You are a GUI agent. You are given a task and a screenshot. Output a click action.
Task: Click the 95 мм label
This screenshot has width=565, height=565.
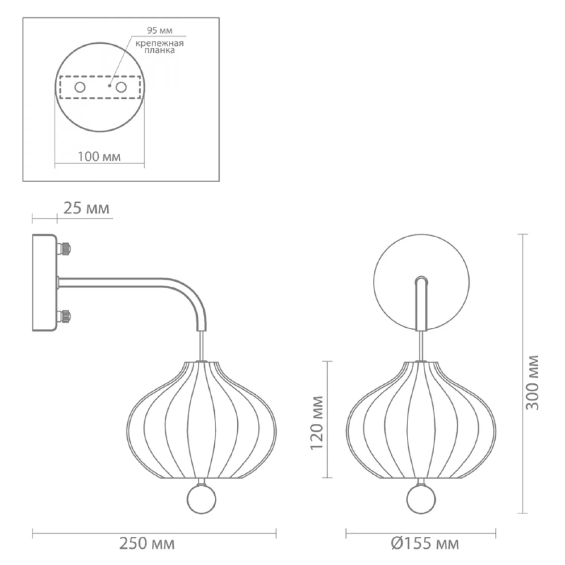160,31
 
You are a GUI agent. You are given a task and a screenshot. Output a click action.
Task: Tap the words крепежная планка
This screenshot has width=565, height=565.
160,46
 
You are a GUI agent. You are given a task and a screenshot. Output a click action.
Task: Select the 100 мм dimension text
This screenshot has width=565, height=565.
99,156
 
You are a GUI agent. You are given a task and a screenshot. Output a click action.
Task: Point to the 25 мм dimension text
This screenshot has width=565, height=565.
86,208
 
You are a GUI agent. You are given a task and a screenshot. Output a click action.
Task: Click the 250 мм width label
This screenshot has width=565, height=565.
147,544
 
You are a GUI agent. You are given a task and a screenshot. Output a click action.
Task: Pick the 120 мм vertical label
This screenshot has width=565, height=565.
317,423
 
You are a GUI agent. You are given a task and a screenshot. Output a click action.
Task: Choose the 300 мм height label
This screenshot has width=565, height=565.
533,382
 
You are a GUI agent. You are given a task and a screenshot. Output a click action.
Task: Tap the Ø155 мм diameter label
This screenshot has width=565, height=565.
425,544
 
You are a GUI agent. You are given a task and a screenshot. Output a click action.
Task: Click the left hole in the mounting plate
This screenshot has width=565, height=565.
80,88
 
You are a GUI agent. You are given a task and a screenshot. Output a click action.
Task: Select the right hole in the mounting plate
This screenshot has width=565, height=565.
121,88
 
